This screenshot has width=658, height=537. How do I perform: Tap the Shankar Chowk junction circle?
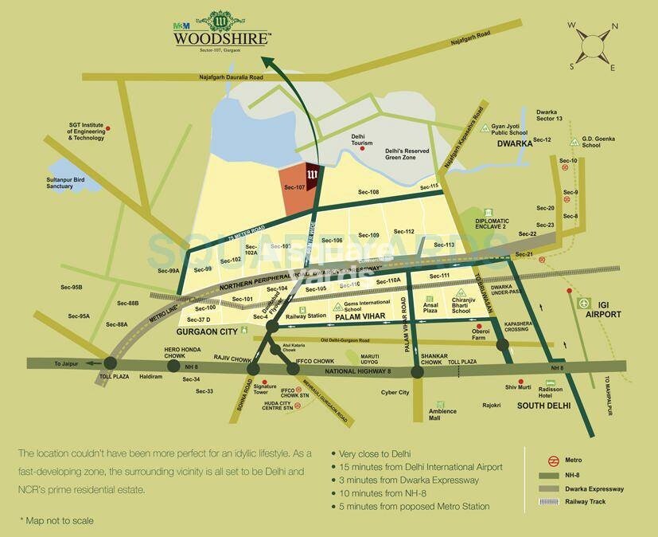[x=417, y=371]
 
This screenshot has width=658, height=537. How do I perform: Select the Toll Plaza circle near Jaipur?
[x=108, y=364]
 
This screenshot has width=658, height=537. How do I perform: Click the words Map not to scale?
[x=56, y=520]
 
